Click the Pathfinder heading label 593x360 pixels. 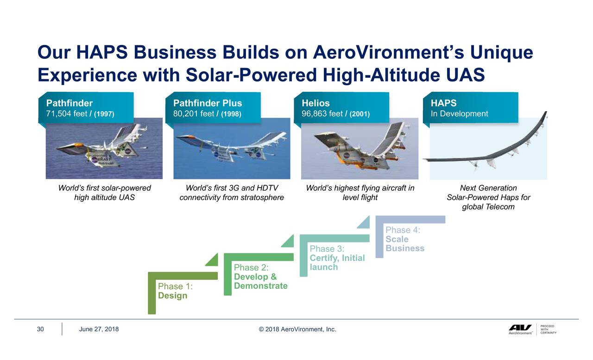pos(69,103)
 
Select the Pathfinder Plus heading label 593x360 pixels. pos(208,103)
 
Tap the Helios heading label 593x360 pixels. pos(315,103)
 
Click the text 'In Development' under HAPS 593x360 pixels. pos(459,114)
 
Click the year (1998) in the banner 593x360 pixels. pos(230,114)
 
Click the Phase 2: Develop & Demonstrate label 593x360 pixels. pos(260,277)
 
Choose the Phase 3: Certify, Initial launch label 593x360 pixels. pos(337,258)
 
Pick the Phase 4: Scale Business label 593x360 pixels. pos(404,239)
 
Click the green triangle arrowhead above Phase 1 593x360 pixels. pos(213,260)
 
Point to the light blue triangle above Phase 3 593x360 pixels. pos(364,223)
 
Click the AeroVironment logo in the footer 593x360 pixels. pos(520,329)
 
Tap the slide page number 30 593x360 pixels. pos(40,329)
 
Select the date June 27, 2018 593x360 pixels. pos(99,329)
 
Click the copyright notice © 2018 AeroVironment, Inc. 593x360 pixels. pos(297,329)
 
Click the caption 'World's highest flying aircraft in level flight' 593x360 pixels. pos(360,193)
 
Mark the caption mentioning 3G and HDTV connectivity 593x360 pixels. pos(232,193)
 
